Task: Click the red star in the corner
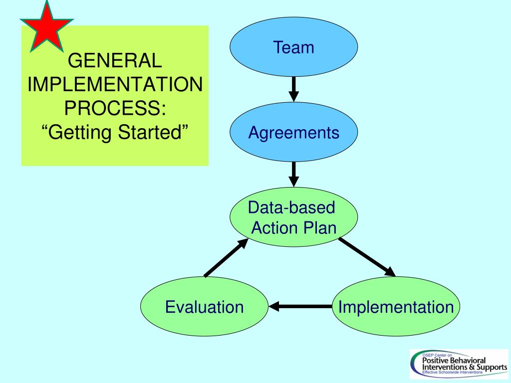click(45, 28)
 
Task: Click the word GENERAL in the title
click(115, 62)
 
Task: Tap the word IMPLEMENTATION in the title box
click(115, 85)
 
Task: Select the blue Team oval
click(293, 48)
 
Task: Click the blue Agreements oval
click(293, 133)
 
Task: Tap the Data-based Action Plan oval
click(293, 217)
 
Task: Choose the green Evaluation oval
click(205, 306)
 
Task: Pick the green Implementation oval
click(396, 306)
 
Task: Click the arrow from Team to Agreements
click(294, 89)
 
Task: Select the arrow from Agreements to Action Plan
click(294, 174)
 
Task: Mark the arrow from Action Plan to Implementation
click(367, 257)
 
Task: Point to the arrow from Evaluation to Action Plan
click(226, 257)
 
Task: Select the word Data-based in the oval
click(292, 207)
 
